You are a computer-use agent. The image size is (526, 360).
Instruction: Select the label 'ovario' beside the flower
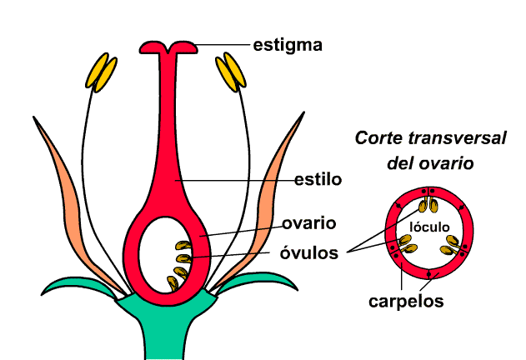[x=308, y=223]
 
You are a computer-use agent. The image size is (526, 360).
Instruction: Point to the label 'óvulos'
[x=309, y=252]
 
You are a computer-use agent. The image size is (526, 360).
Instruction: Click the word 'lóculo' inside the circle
[x=430, y=227]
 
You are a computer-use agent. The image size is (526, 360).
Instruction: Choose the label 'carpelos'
[x=405, y=300]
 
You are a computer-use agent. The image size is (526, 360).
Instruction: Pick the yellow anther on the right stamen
[x=232, y=72]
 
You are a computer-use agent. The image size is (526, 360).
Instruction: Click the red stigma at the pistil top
[x=170, y=47]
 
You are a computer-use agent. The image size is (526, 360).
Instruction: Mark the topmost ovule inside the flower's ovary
[x=183, y=245]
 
